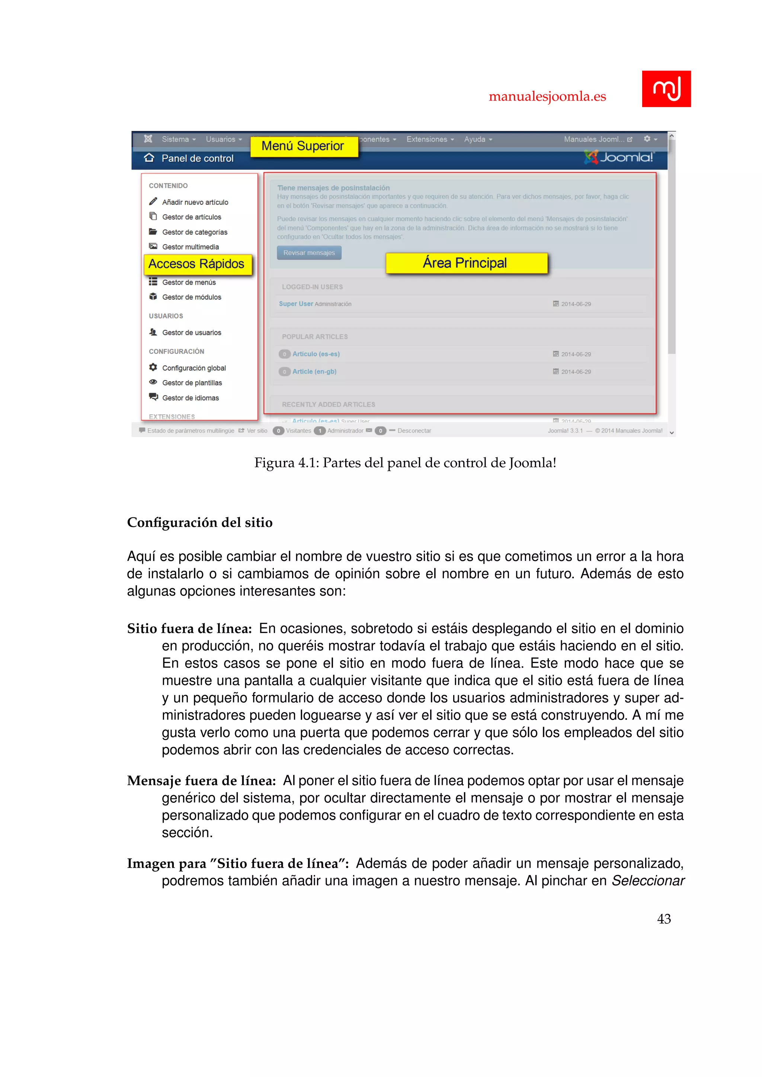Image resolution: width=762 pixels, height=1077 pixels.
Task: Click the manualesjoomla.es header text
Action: coord(547,97)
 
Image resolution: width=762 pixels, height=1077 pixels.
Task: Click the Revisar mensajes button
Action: coord(309,253)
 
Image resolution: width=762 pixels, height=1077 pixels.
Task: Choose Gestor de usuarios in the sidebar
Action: coord(192,332)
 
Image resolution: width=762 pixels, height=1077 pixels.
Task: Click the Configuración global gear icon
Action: coord(153,367)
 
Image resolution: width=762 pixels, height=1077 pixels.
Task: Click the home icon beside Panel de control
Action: coord(149,158)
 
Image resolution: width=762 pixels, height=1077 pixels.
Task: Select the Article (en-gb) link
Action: coord(314,372)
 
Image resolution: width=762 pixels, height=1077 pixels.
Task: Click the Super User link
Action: coord(295,304)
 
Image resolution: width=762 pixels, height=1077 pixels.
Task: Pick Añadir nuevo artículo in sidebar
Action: coord(195,202)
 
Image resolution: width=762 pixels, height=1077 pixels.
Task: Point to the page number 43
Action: coord(663,919)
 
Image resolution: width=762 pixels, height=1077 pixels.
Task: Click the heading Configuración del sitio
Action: coord(200,523)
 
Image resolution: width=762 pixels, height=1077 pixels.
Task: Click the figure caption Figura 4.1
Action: coord(405,463)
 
